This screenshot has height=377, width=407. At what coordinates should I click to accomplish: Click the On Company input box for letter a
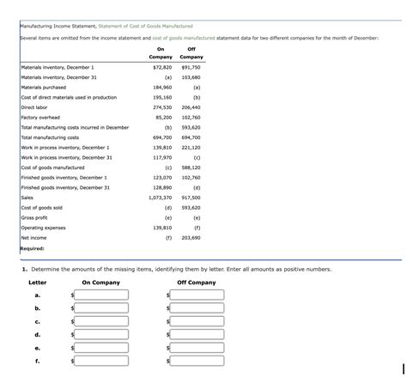point(102,295)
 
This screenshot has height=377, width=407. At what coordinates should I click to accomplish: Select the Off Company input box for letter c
point(197,322)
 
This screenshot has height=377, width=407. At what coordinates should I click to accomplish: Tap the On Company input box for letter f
point(102,362)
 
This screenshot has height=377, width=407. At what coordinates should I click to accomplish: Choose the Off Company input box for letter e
point(197,349)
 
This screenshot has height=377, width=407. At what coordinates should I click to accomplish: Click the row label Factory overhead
point(39,118)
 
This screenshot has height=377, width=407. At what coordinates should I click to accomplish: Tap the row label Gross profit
point(34,217)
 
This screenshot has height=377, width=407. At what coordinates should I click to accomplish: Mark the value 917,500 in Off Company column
point(191,198)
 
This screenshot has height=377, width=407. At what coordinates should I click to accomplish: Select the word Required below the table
point(32,248)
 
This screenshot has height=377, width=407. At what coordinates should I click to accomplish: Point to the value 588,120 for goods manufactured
point(191,167)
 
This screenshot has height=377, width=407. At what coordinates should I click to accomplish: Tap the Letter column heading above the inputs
point(37,283)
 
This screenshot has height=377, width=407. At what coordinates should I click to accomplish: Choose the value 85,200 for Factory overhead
point(163,118)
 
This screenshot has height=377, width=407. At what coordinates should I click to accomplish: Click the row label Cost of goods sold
point(41,208)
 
